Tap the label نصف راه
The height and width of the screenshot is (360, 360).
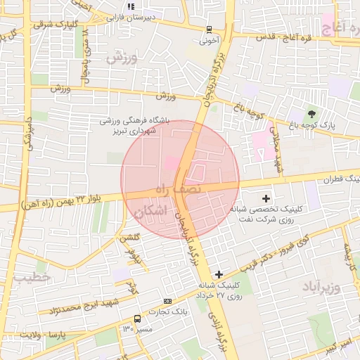176,188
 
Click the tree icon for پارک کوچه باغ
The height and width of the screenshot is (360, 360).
311,112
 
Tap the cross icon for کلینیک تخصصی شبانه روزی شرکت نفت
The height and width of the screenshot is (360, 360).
266,198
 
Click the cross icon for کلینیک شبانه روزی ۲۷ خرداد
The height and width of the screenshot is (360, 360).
219,274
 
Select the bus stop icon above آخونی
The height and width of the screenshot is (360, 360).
209,30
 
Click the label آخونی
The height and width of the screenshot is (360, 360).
209,41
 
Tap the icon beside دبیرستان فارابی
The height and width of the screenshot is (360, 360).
131,6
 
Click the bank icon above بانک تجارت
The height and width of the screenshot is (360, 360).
167,302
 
